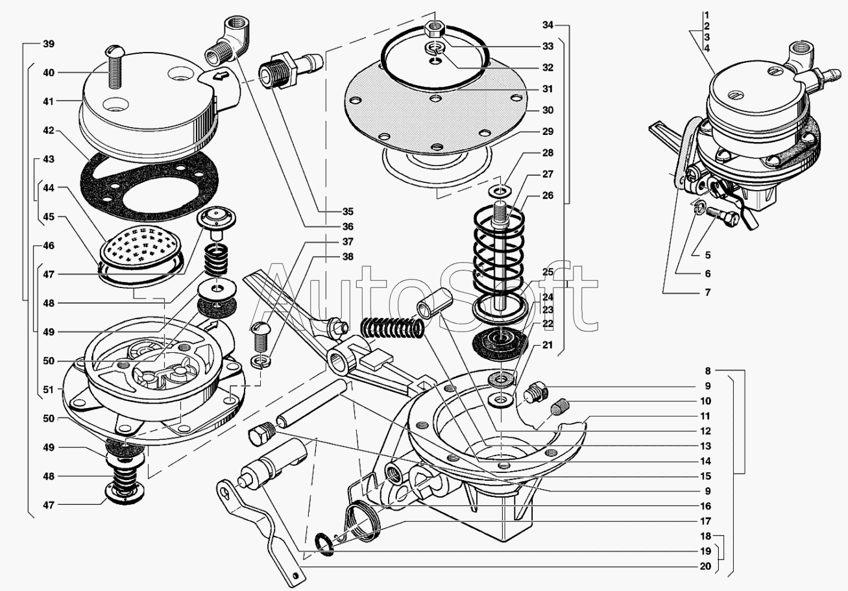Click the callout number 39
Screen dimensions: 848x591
49,44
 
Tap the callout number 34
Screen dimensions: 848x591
548,25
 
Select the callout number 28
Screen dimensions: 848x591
548,152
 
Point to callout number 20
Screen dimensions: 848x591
706,566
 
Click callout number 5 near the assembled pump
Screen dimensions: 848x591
708,255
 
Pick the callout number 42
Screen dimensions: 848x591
49,130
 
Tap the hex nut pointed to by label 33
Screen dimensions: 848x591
435,29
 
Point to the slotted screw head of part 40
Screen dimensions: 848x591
114,49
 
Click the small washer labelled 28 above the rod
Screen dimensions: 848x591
500,189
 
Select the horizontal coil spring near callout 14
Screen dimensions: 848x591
391,328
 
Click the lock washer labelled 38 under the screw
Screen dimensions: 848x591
261,361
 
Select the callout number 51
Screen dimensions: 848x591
49,389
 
